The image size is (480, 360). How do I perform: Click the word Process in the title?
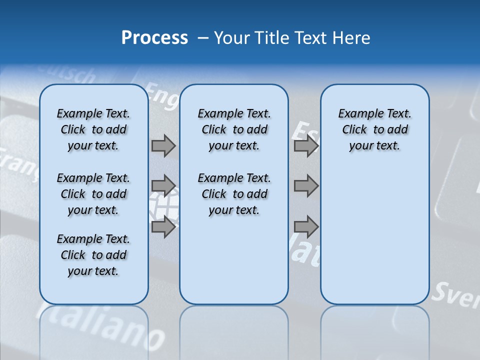coord(154,38)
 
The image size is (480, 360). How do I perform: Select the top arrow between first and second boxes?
coord(163,146)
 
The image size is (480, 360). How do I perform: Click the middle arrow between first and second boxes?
coord(163,186)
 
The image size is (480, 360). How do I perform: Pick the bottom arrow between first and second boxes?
coord(163,227)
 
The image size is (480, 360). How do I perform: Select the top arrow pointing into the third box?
coord(306,146)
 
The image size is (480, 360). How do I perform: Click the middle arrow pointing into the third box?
coord(306,186)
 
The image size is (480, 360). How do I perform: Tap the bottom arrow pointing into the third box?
coord(306,227)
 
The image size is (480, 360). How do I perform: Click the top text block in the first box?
coord(93,129)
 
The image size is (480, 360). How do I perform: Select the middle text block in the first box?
coord(93,194)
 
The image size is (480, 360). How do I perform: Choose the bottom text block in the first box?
coord(93,255)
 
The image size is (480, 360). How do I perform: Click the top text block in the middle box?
coord(234,129)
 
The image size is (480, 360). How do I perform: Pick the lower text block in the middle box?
coord(234,194)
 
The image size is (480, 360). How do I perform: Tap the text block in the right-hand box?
coord(374,129)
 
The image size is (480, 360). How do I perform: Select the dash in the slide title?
coord(203,38)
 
